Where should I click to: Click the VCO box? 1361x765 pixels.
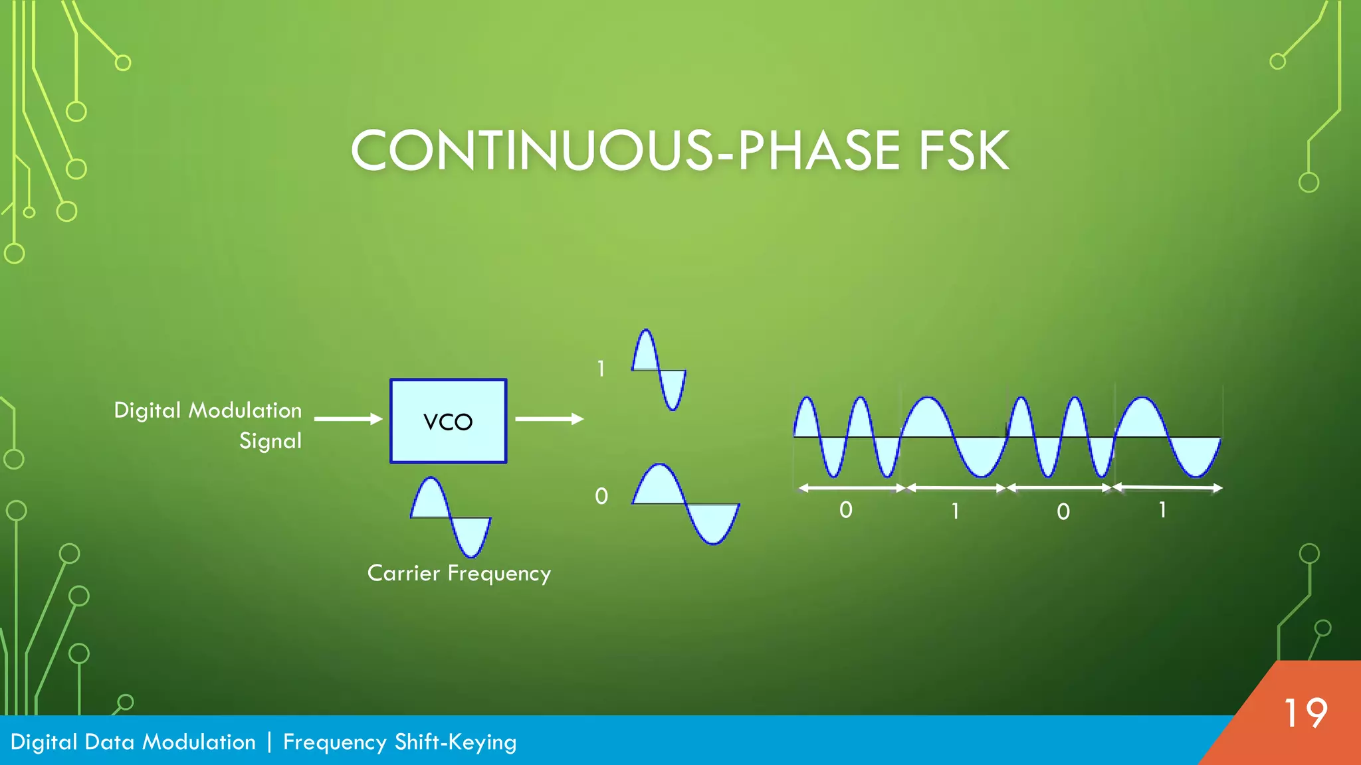click(448, 421)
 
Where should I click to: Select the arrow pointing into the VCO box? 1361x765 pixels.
click(348, 419)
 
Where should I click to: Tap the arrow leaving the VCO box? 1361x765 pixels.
click(549, 419)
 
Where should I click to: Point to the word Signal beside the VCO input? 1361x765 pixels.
click(270, 441)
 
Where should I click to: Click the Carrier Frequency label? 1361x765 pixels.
click(459, 573)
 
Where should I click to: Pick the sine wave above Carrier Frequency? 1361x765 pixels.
click(451, 517)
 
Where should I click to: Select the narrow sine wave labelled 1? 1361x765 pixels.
click(659, 370)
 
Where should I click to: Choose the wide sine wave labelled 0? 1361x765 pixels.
click(685, 504)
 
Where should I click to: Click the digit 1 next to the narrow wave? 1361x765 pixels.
click(601, 369)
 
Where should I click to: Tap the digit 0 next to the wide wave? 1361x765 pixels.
click(601, 496)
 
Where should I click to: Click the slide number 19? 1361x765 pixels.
click(1305, 714)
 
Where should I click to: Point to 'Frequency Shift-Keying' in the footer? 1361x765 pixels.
click(399, 742)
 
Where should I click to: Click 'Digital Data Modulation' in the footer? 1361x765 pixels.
click(133, 742)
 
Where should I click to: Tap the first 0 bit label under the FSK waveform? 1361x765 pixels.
click(845, 510)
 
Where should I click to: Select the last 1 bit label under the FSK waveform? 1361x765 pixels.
click(1162, 510)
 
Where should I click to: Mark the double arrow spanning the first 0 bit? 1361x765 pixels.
click(851, 488)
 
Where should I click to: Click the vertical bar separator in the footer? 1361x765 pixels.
click(269, 742)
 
